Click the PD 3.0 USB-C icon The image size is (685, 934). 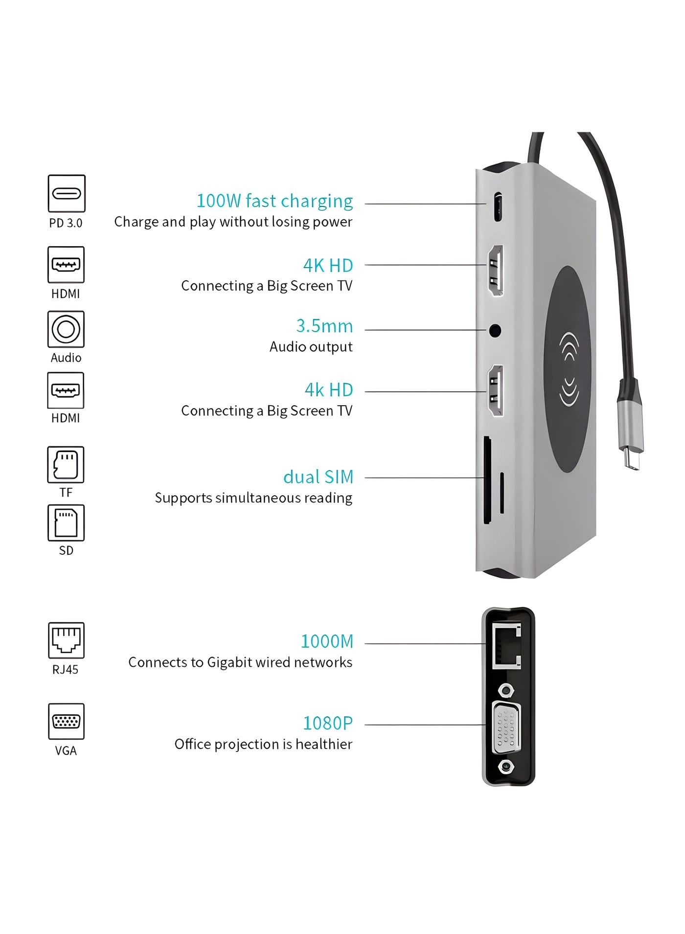point(67,193)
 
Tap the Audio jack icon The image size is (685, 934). point(66,329)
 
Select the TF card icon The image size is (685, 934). point(66,464)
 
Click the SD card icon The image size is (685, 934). point(66,523)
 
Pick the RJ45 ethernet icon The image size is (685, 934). point(66,640)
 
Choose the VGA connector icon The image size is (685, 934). point(66,721)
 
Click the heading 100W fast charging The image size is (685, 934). point(274,201)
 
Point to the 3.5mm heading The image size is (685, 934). point(324,326)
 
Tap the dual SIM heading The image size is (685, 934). point(318,477)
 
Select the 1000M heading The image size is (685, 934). point(327,641)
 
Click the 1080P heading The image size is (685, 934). point(327,723)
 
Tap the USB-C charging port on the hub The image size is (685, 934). point(498,207)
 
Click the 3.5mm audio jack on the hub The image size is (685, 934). point(495,331)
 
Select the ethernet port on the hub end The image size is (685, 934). point(506,646)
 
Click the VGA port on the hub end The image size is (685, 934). point(506,728)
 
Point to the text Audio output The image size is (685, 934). point(311,347)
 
